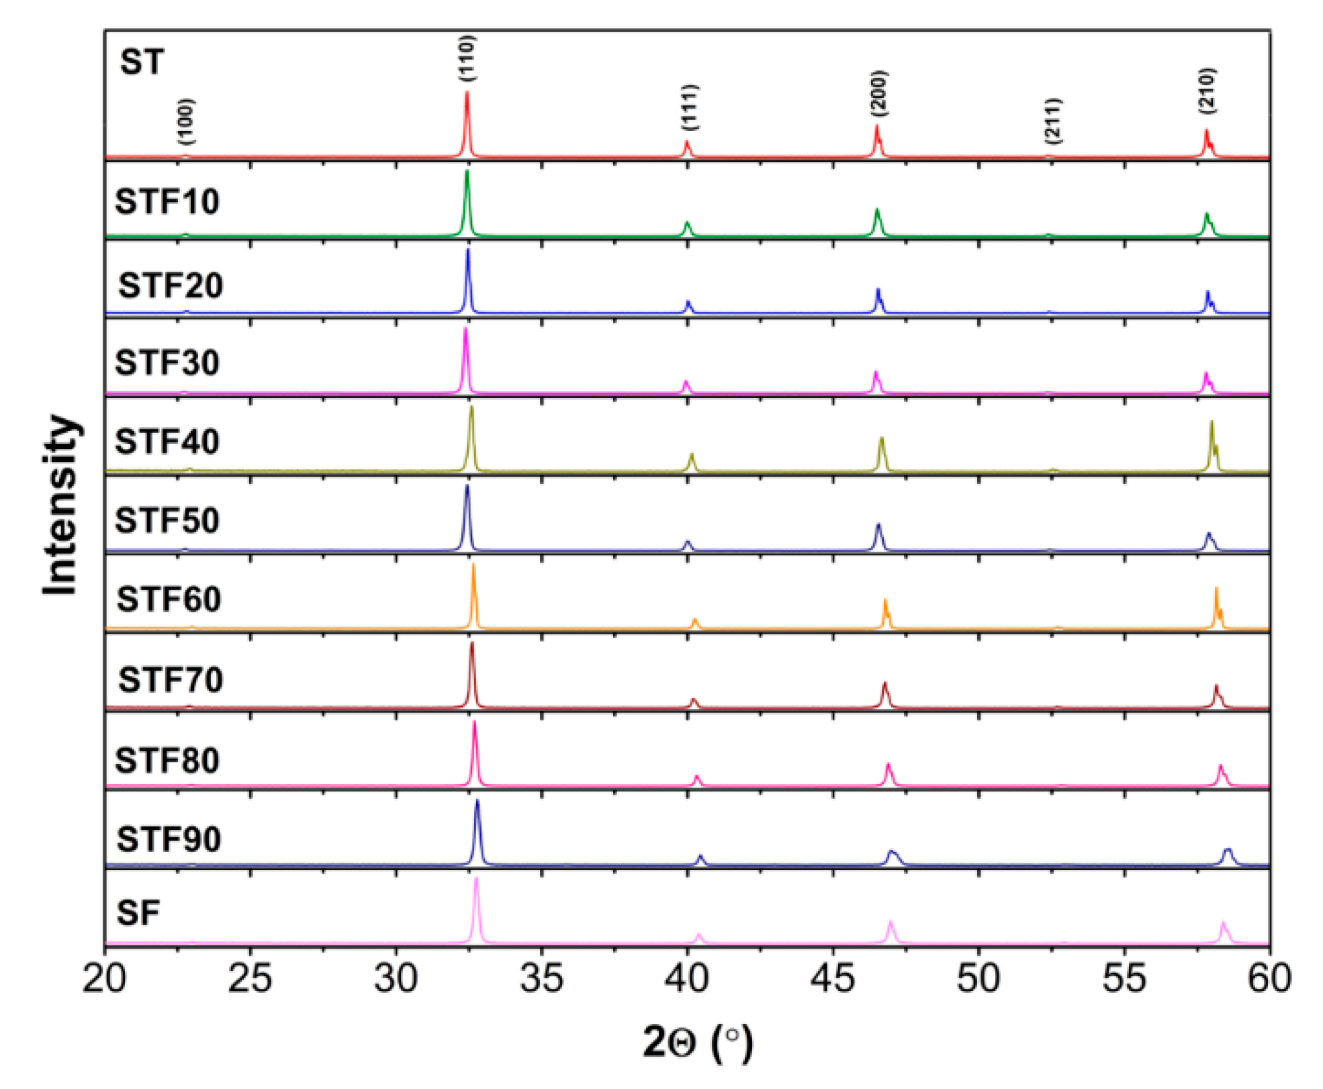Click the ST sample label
142,62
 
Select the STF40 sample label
167,442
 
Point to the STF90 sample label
169,839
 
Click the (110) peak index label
468,58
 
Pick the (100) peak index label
187,122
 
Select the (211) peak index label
1054,121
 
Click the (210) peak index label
1207,91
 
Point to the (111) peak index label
690,107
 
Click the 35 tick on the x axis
541,979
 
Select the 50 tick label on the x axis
978,979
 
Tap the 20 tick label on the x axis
104,979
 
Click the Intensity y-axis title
60,505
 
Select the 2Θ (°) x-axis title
698,1043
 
